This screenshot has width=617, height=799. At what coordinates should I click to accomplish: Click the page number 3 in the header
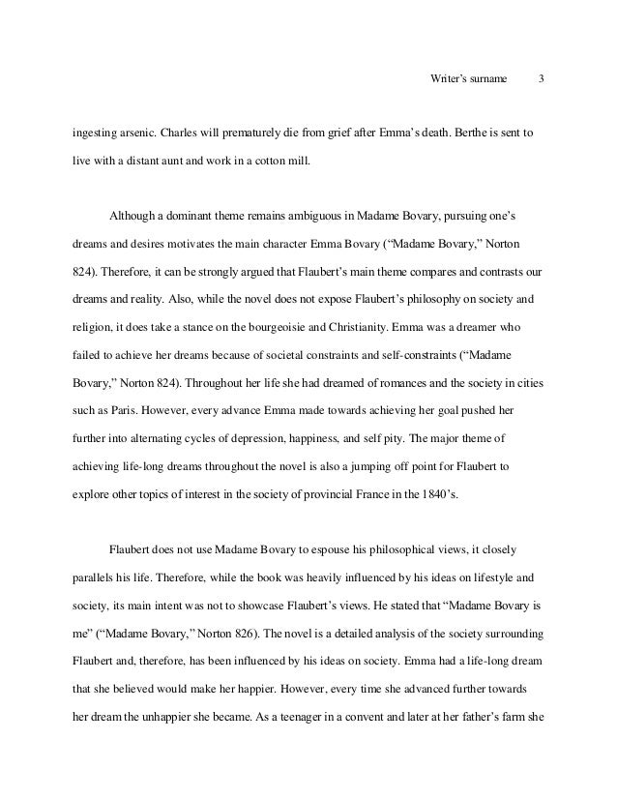(541, 77)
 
